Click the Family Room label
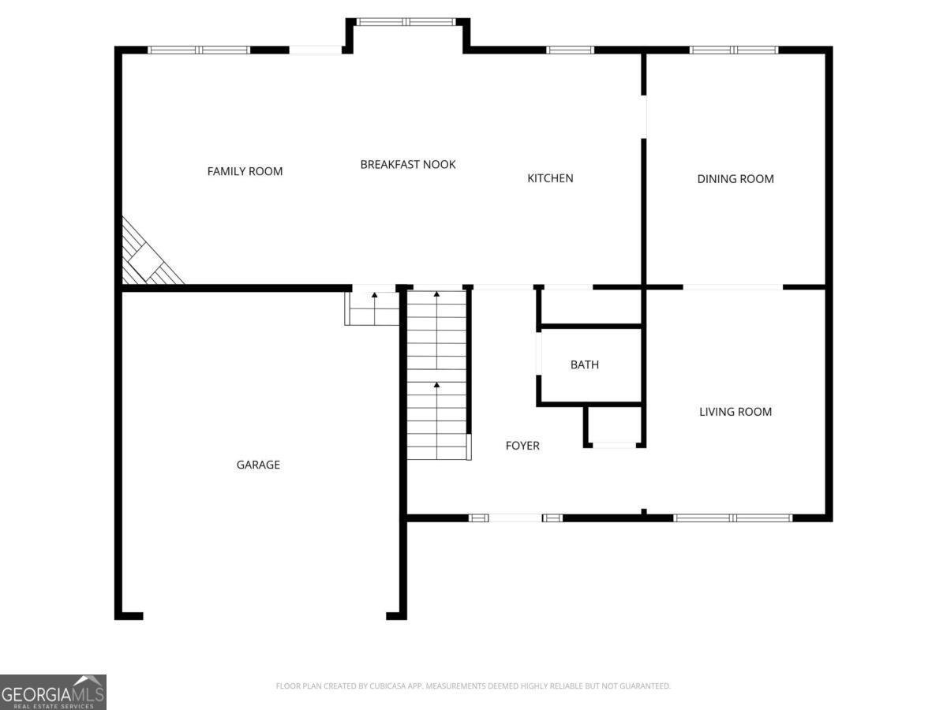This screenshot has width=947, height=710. [x=245, y=171]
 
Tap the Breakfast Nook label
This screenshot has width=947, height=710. [x=408, y=164]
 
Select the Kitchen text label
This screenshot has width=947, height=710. [x=550, y=178]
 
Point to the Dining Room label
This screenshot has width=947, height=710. [x=736, y=179]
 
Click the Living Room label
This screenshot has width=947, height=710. [x=736, y=412]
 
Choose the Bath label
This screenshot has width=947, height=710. [x=585, y=364]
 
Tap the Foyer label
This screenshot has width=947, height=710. [x=522, y=446]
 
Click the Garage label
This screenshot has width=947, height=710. [x=258, y=465]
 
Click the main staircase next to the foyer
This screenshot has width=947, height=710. [x=436, y=375]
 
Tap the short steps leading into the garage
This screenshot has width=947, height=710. [x=372, y=308]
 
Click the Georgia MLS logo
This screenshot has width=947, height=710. [x=53, y=692]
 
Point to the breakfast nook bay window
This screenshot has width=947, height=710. [x=407, y=22]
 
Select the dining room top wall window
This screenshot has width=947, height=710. [x=734, y=50]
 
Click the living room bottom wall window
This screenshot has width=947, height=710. [x=732, y=518]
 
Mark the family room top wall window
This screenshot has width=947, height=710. [x=199, y=50]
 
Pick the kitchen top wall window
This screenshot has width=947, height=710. [x=570, y=50]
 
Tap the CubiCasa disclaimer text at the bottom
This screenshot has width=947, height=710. [x=473, y=686]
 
